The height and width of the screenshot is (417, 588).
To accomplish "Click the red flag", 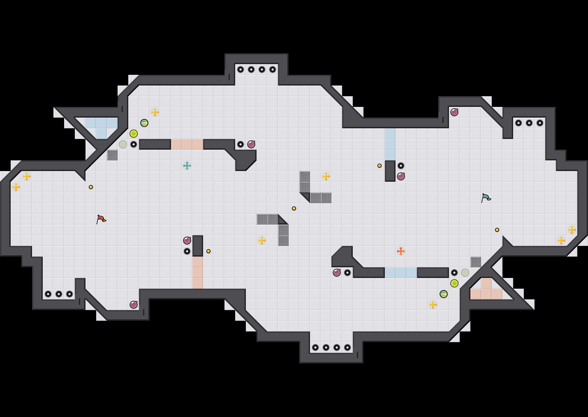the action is pos(101,219).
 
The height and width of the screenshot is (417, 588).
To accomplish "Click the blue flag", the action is pos(486,198).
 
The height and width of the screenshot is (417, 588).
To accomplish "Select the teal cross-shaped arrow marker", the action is pos(187,166).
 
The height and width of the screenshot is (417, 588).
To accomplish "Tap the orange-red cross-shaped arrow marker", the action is pos(401,251).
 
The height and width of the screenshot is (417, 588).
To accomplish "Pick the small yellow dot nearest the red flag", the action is pos(91,187).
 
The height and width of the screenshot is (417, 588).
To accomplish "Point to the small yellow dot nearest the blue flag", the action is pos(497,230).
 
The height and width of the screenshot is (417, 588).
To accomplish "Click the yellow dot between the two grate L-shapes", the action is pos(294,208).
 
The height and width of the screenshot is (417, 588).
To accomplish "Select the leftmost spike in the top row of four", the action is pos(241,69).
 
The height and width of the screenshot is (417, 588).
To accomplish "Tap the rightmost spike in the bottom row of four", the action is pos(347,347).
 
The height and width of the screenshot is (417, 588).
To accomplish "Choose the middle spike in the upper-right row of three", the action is pos(529,123).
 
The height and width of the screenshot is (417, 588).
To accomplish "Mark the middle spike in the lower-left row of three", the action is pos(59,294).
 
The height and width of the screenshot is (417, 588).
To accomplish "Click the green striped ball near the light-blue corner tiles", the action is pos(144,123).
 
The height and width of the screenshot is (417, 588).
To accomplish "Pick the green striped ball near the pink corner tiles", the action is pos(444,294).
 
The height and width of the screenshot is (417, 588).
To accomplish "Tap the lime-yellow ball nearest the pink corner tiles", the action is pos(454,283).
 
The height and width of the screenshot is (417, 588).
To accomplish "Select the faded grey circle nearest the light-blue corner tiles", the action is pos(123,144).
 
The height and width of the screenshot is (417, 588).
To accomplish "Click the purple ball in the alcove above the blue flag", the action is pos(454,112).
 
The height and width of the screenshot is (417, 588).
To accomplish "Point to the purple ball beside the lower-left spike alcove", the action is pos(134,305).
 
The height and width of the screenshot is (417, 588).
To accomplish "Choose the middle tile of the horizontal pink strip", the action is pos(187,144).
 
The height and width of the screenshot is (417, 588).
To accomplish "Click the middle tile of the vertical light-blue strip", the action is pos(390,144).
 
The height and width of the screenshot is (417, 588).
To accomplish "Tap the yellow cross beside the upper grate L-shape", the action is pos(326,176).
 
